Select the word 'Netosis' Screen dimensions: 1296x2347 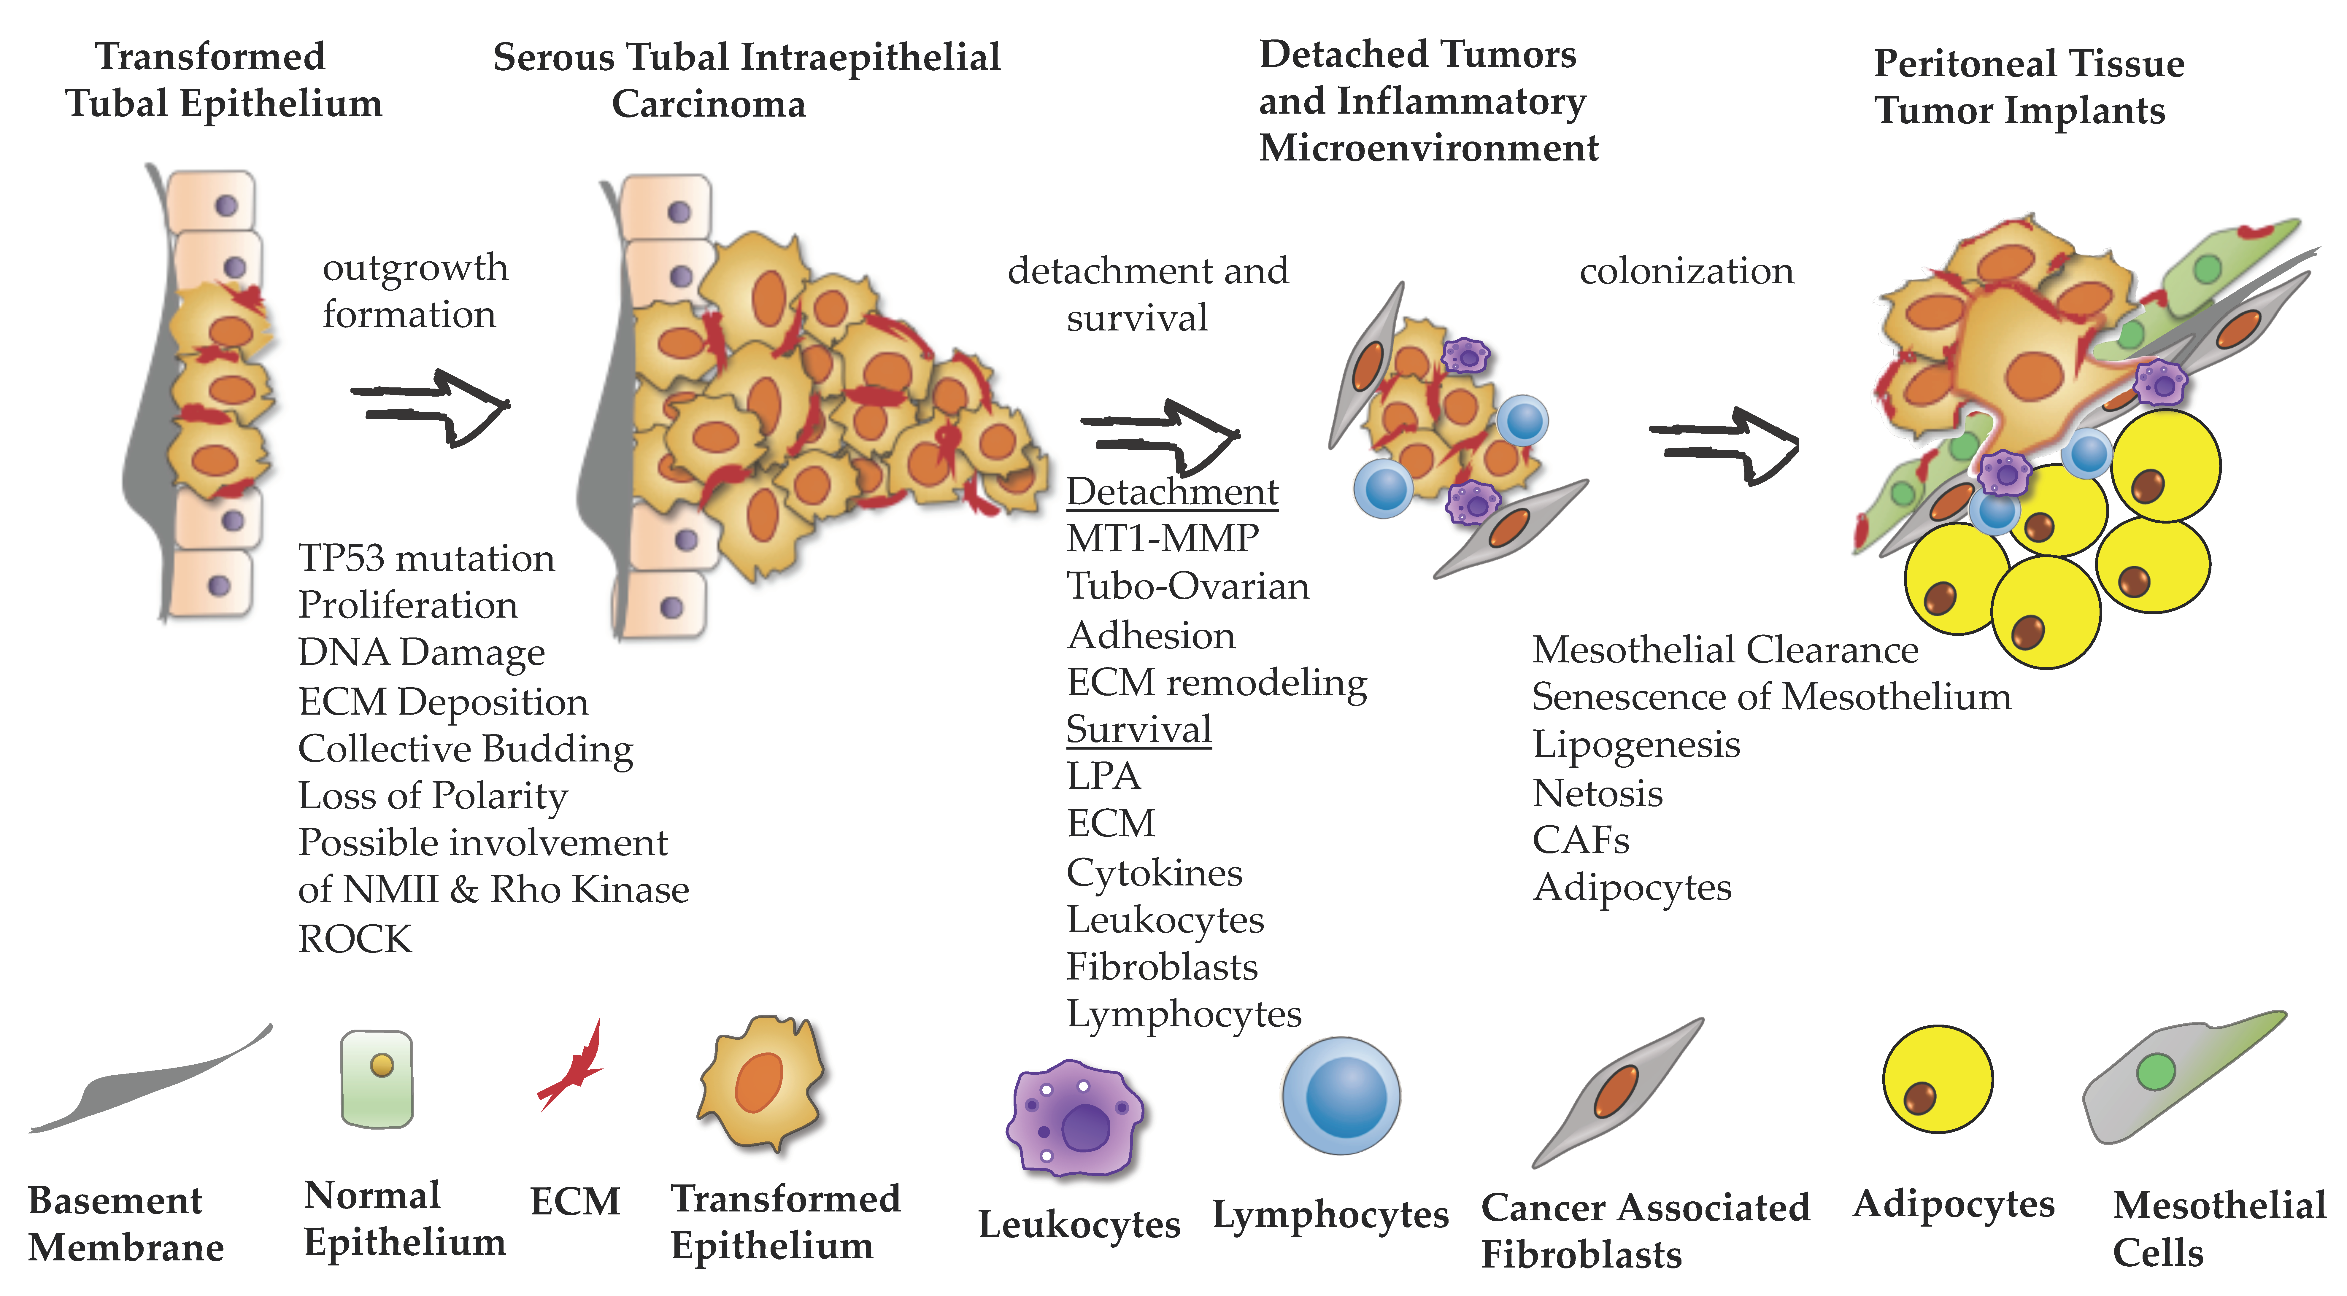1597,792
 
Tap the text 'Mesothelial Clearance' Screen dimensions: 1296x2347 1725,649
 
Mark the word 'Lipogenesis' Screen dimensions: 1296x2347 1635,744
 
